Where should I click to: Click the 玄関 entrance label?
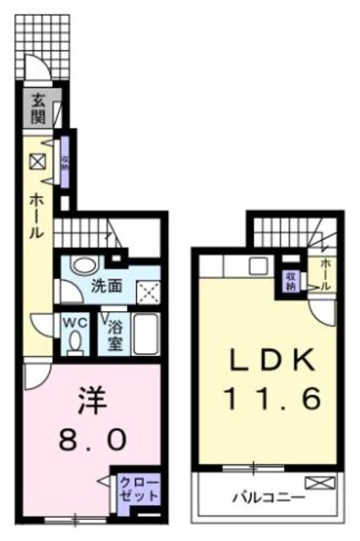pos(38,107)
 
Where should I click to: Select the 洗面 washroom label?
pos(106,286)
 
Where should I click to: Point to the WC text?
pos(74,322)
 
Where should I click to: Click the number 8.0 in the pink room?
pos(93,440)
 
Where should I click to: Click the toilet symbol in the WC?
pos(75,342)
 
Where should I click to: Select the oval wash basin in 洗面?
pos(83,265)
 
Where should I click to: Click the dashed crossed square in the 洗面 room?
pos(149,291)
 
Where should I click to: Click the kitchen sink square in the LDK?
pos(257,264)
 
